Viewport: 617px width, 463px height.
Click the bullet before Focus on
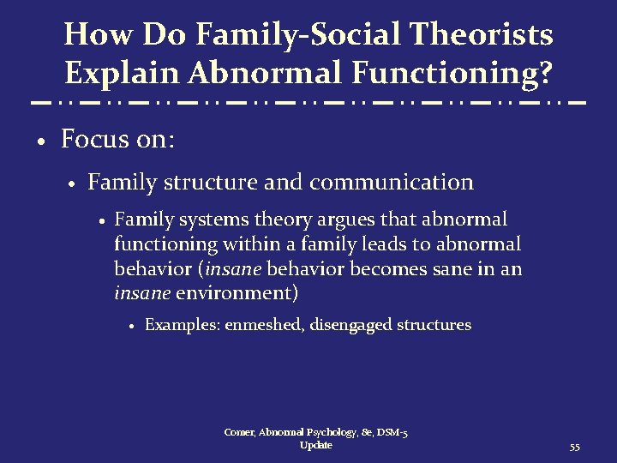coord(41,141)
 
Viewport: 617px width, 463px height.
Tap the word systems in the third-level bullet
coord(203,220)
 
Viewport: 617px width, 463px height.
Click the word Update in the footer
coord(316,446)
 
